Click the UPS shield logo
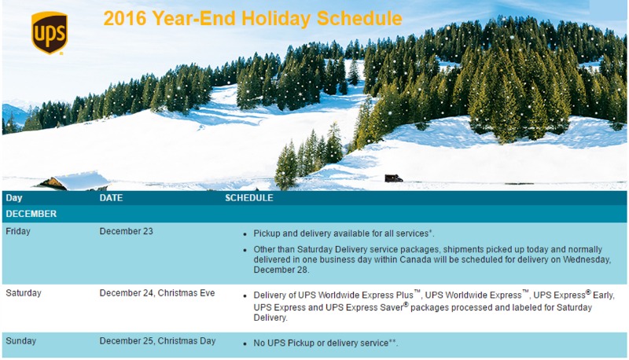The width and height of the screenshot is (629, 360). pos(50,32)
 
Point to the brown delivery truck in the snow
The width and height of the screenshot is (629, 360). pos(393,178)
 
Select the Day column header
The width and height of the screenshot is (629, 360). pos(14,197)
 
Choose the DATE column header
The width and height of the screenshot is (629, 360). pos(111,197)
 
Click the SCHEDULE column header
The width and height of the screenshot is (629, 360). pos(249,197)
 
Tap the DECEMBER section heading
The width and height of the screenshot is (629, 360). pos(31,214)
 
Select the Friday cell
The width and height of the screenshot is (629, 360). pos(18,231)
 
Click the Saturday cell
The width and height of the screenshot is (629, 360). pos(24,292)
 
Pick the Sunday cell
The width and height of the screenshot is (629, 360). pos(21,341)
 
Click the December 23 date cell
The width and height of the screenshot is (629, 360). pos(127,231)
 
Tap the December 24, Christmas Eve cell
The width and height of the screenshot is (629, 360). pos(157,292)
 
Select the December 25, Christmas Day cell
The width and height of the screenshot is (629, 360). pos(158,341)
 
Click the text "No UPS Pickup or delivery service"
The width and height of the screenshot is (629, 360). pos(321,343)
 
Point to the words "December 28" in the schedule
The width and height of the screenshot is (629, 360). pos(281,270)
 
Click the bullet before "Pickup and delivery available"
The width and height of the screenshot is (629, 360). pos(245,234)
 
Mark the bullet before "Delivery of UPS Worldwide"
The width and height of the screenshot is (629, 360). pos(245,296)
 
